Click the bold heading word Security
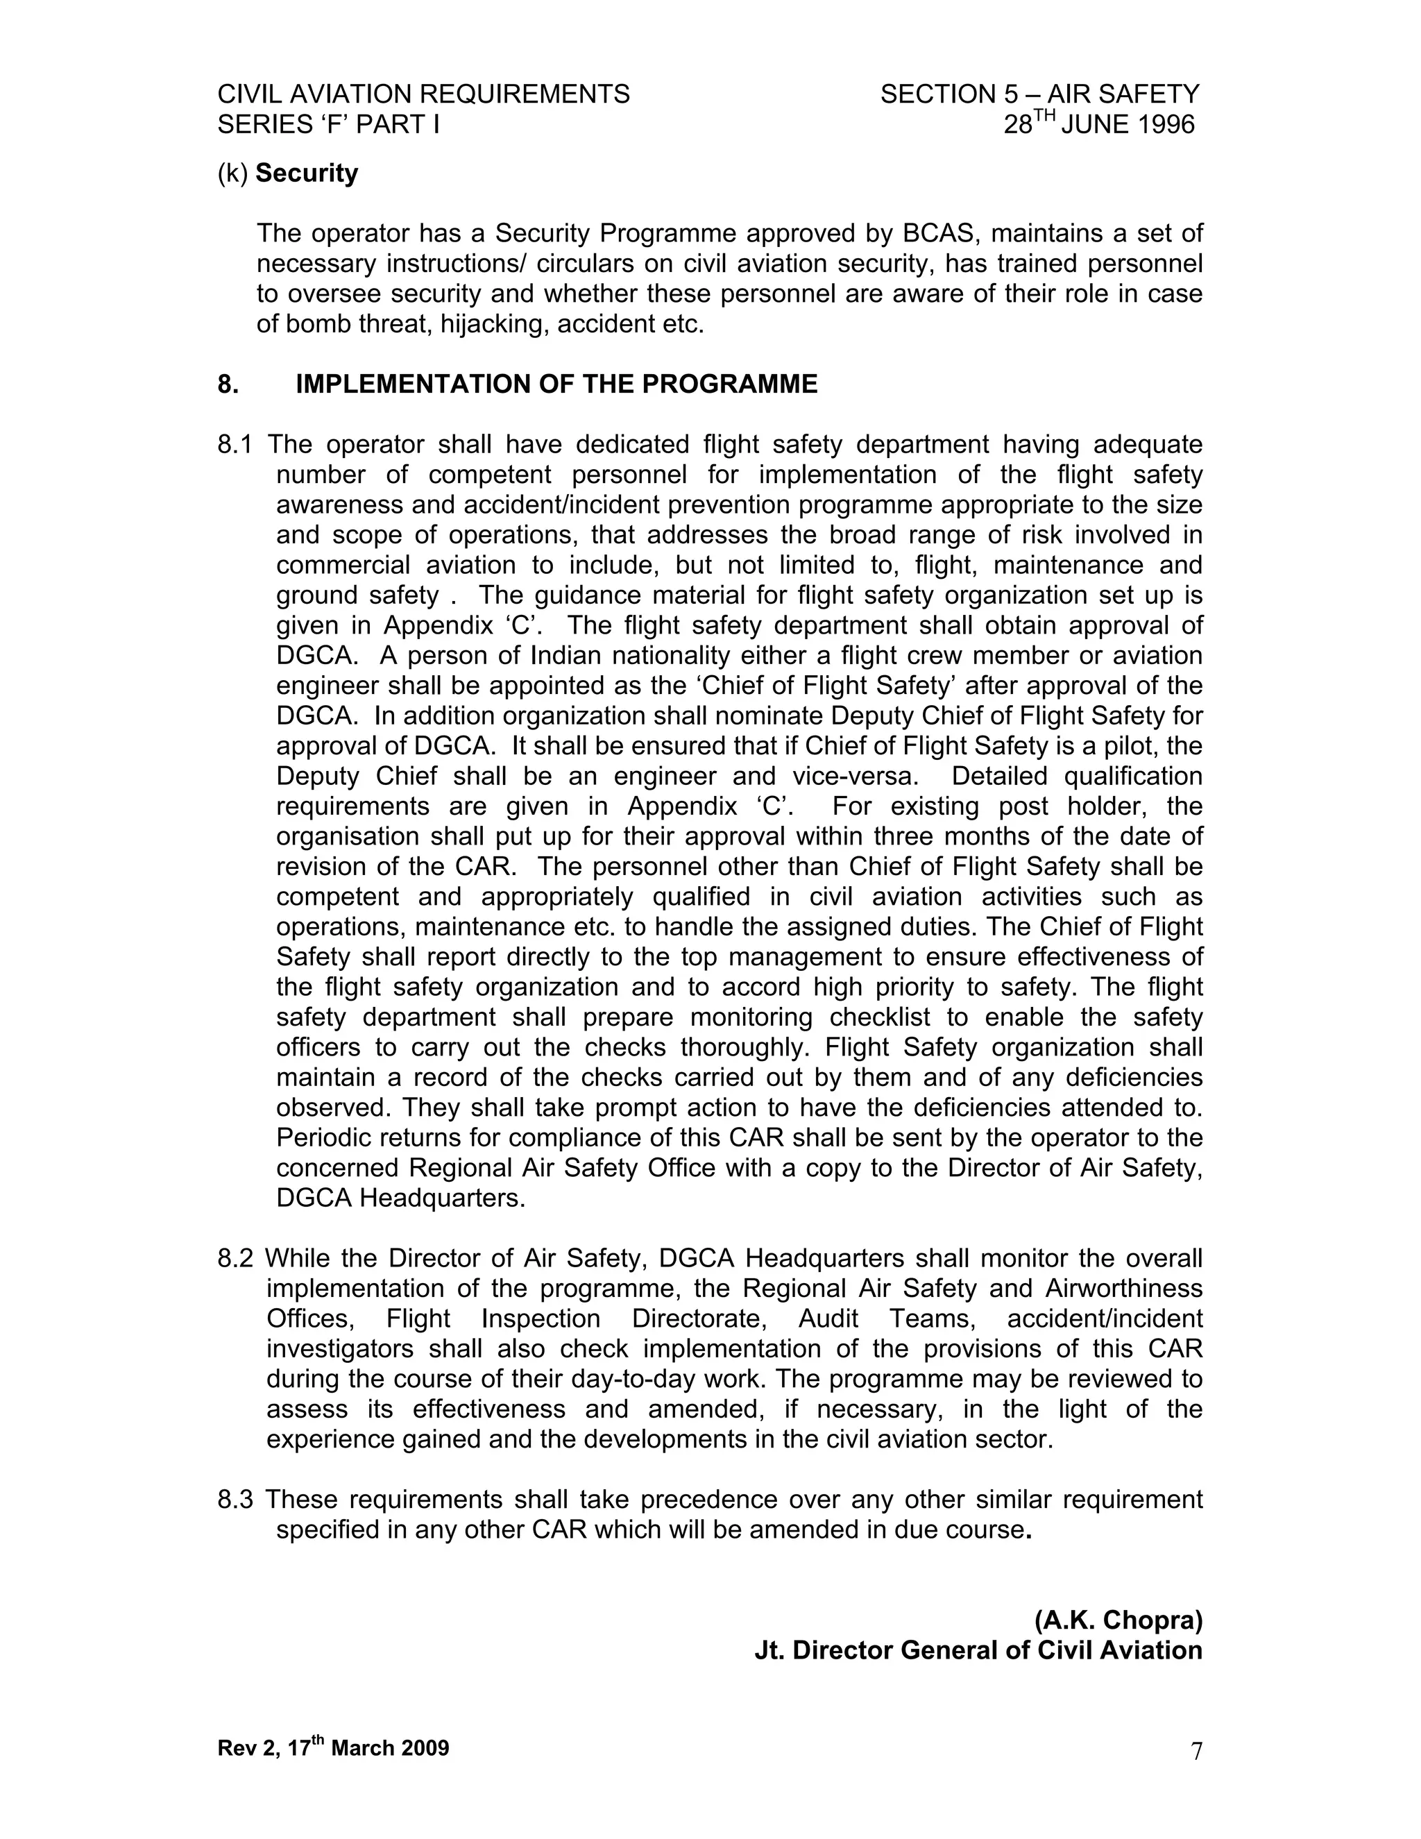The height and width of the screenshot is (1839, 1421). click(307, 173)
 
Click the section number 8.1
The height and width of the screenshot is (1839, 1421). click(234, 445)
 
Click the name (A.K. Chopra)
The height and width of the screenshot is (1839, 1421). click(1118, 1619)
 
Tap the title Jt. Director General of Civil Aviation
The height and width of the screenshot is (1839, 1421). click(978, 1650)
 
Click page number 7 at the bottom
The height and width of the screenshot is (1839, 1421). click(1196, 1751)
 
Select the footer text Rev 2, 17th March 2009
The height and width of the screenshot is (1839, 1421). click(333, 1747)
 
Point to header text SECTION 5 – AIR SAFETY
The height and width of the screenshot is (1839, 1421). click(1039, 94)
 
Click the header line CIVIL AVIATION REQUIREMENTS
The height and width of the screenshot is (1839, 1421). click(423, 94)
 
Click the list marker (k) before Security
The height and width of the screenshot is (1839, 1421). click(232, 173)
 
